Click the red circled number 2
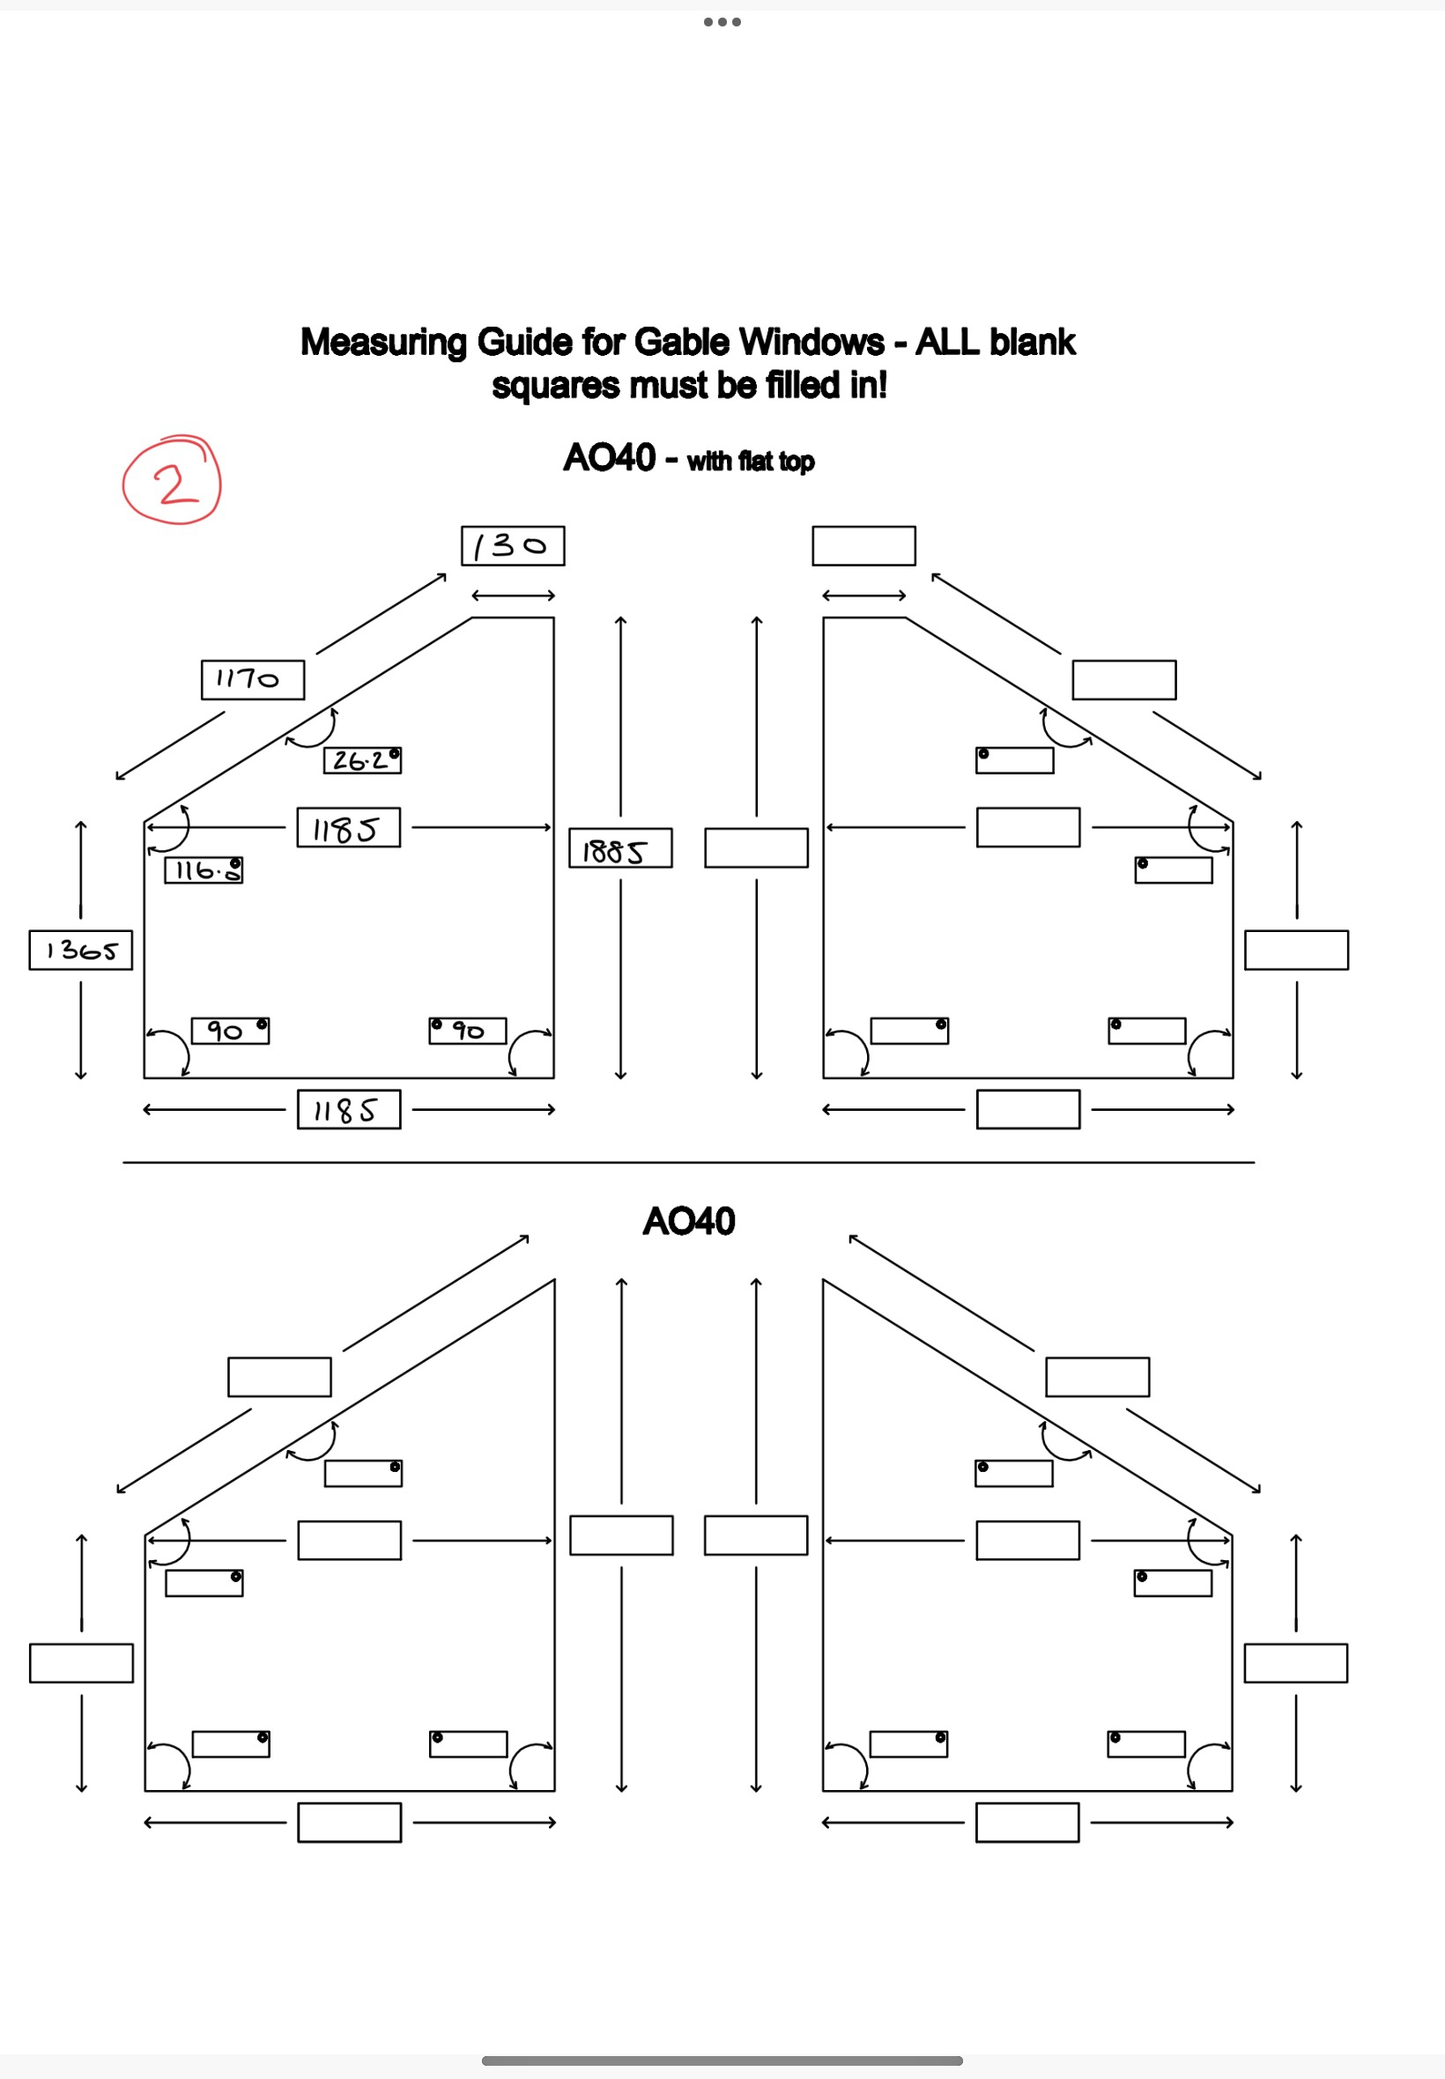coord(172,481)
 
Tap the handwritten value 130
coord(513,546)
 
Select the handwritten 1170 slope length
coord(252,680)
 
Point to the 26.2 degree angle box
coord(362,760)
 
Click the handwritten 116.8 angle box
coord(204,870)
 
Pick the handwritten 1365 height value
coord(80,951)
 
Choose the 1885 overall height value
coord(620,849)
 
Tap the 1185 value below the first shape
coord(349,1110)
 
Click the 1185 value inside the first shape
coord(349,827)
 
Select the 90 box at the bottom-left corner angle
coord(230,1031)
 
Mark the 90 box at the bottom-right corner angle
coord(467,1031)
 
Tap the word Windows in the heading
coord(811,343)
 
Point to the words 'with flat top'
coord(751,462)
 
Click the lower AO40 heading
coord(689,1222)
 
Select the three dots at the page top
coord(722,22)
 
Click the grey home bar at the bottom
coord(722,2061)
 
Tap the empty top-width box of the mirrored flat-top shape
coord(863,546)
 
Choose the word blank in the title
coord(1032,343)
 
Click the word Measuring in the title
coord(384,343)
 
